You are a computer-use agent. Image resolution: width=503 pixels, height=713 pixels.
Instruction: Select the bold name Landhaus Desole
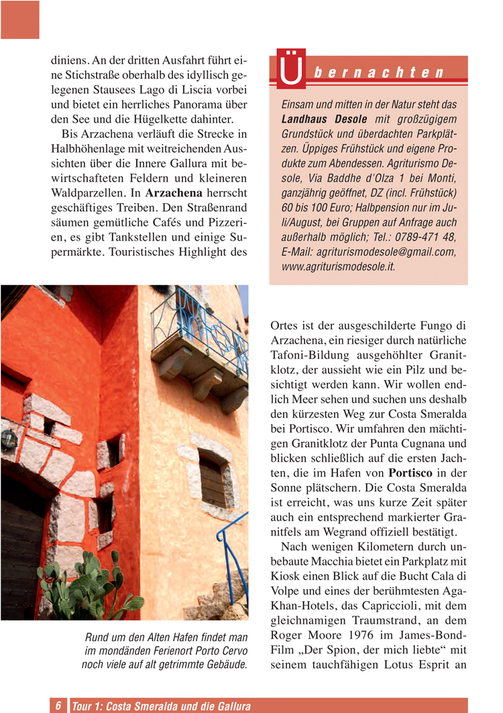(x=319, y=119)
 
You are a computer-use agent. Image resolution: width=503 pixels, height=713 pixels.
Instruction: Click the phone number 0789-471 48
(x=427, y=237)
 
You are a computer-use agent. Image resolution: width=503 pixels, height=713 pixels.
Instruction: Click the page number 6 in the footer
(x=58, y=706)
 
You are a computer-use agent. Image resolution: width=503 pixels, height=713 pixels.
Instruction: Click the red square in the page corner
(x=19, y=19)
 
